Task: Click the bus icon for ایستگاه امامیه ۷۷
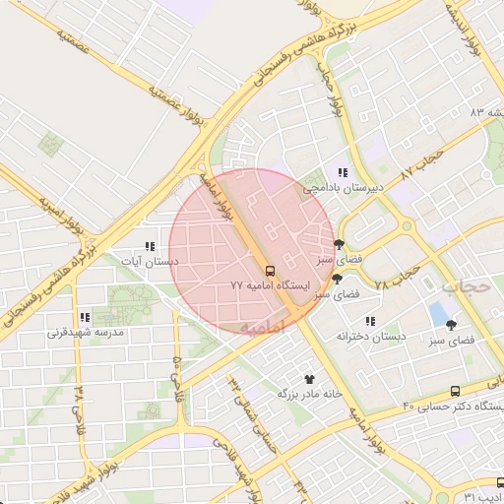(269, 270)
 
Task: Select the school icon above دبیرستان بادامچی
(342, 172)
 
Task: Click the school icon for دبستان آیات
(149, 247)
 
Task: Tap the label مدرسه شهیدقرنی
(85, 332)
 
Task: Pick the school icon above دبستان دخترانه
(370, 321)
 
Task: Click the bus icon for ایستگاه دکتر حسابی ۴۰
(454, 392)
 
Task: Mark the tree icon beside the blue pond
(452, 324)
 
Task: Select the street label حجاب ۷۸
(405, 274)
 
